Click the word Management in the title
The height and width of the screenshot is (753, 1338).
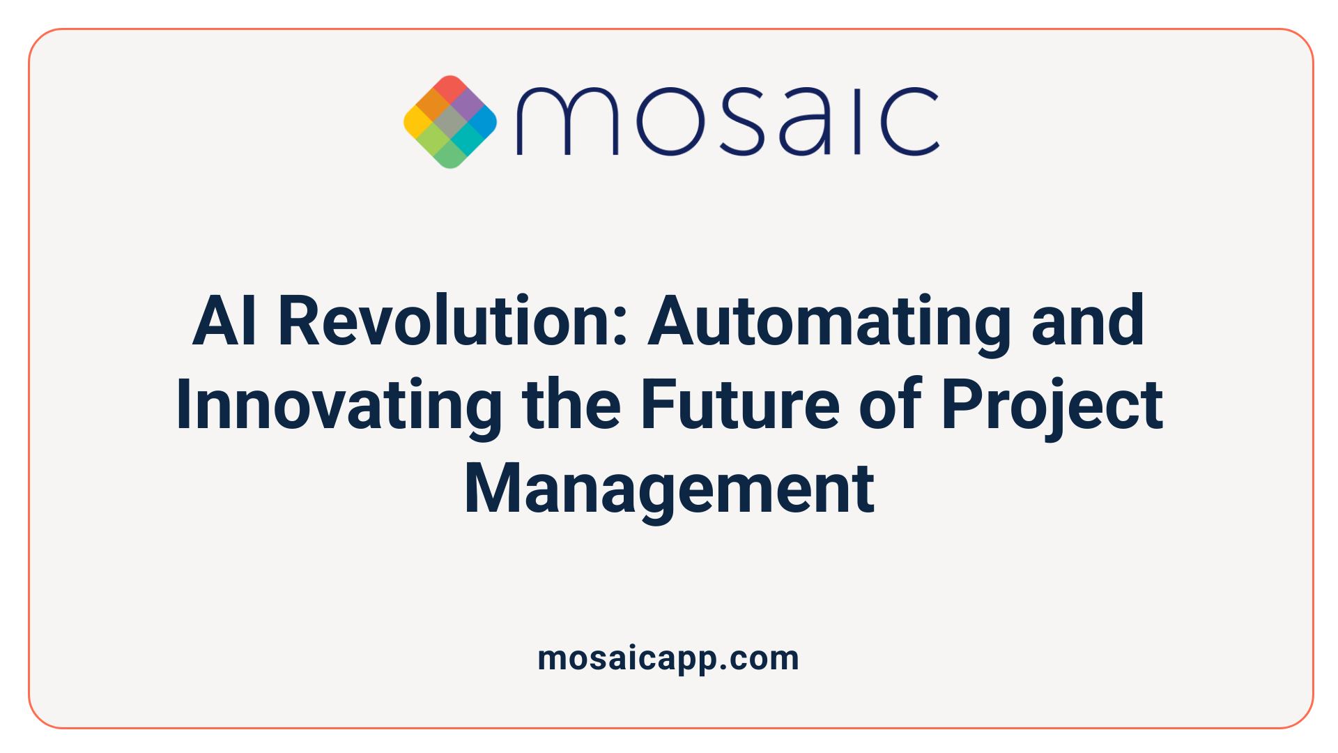coord(669,489)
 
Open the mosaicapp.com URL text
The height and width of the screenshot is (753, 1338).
coord(668,658)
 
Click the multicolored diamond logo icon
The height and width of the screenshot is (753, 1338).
coord(450,122)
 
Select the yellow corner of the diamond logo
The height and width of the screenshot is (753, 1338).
coord(416,123)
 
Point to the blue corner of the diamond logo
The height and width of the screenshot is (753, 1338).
coord(484,123)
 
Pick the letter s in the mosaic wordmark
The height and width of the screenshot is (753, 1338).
coord(740,122)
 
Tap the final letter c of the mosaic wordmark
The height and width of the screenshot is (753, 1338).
coord(909,122)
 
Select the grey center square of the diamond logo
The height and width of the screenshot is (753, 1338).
coord(450,123)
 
